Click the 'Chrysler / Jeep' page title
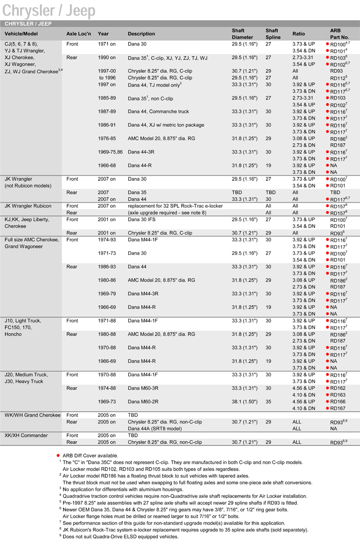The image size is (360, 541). click(x=49, y=11)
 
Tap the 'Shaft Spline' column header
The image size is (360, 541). click(x=272, y=34)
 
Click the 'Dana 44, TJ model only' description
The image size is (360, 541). click(x=155, y=84)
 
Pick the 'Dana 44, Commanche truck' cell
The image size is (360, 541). click(x=159, y=111)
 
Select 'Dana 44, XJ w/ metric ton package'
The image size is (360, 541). click(x=166, y=125)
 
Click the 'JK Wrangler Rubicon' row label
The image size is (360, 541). click(x=28, y=206)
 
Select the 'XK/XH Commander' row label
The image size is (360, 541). click(x=26, y=436)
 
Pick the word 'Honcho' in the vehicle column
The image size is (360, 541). click(x=14, y=334)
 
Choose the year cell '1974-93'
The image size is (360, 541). click(x=107, y=239)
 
